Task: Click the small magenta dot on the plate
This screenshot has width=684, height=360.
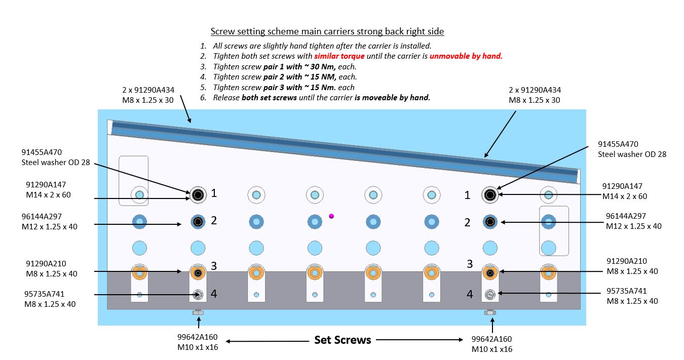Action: click(331, 216)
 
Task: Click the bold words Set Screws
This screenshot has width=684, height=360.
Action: click(343, 340)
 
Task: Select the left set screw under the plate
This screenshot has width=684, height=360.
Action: click(198, 312)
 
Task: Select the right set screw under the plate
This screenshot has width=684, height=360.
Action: click(489, 312)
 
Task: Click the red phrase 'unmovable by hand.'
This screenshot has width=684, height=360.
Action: click(466, 56)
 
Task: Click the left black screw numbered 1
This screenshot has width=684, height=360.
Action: click(198, 194)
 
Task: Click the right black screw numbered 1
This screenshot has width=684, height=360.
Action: click(490, 194)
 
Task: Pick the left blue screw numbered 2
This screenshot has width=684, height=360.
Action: click(198, 222)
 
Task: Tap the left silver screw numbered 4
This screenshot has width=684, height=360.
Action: click(198, 294)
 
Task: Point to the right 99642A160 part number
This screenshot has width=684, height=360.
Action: click(491, 339)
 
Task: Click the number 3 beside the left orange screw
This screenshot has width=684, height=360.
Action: click(214, 265)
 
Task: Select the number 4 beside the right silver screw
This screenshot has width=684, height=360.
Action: click(470, 294)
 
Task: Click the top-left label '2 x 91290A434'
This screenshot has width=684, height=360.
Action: click(147, 90)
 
